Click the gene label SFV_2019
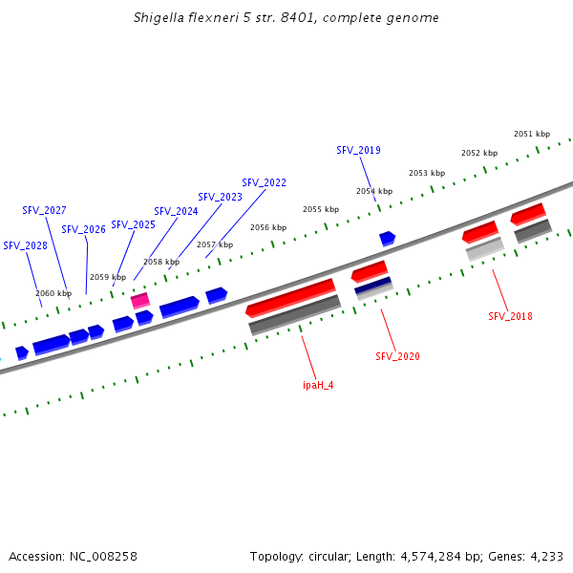point(358,150)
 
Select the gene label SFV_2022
point(264,182)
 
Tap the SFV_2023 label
point(220,197)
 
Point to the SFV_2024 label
point(176,211)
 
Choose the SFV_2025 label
point(133,224)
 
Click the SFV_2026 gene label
point(83,229)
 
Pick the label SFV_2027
point(44,210)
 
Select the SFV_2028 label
point(25,245)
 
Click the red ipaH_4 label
point(318,385)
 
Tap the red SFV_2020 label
point(397,356)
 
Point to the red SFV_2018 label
point(510,316)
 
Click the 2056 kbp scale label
point(267,227)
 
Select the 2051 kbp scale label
point(532,134)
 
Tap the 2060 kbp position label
point(53,293)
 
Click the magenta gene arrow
point(140,300)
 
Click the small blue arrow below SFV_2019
point(387,238)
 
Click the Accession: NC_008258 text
point(73,556)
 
